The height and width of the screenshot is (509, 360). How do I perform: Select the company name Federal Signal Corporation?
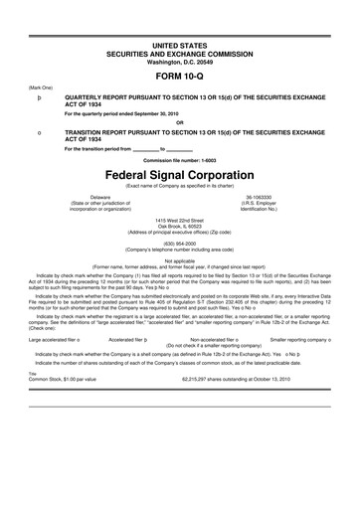pos(180,171)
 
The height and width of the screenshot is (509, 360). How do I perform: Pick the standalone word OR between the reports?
pos(180,123)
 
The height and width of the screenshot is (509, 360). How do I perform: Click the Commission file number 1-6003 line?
pos(180,159)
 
